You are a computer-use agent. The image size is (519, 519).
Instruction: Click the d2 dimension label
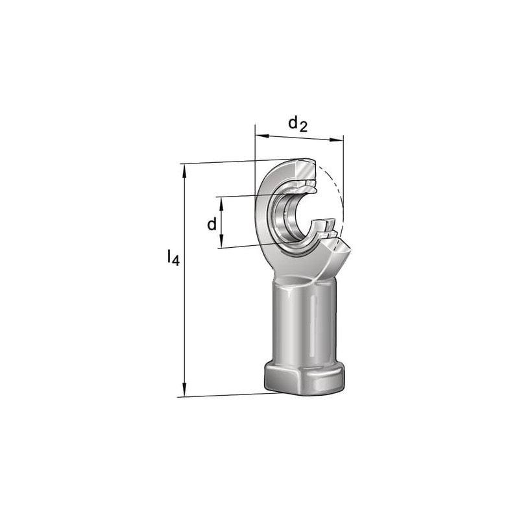[298, 125]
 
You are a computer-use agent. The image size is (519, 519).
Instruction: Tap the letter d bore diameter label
[212, 224]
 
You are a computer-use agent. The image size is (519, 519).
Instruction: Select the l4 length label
[173, 257]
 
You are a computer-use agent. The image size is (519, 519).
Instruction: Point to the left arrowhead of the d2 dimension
[262, 136]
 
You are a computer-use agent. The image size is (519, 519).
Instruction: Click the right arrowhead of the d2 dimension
[337, 140]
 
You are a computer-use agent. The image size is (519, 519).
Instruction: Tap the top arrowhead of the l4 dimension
[184, 170]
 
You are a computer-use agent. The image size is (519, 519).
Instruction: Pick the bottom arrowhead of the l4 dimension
[184, 390]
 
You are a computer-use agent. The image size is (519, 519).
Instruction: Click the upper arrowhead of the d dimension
[222, 203]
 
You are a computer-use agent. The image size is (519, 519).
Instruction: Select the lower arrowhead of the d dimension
[221, 241]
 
